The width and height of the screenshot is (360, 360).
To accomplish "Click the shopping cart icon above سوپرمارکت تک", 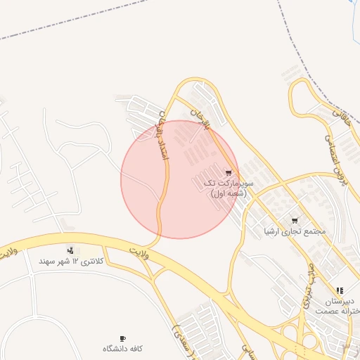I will click(x=228, y=172).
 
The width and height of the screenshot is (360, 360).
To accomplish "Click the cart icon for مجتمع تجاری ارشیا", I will click(x=294, y=220).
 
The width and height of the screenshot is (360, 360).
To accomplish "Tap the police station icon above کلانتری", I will click(x=70, y=250).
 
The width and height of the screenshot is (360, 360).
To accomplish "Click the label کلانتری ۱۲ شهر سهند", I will click(x=71, y=262).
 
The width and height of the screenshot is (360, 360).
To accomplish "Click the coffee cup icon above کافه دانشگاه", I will click(x=123, y=337).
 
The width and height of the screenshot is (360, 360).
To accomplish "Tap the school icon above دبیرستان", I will click(x=340, y=290).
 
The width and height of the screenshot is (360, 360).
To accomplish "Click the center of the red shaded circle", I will click(x=180, y=179).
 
